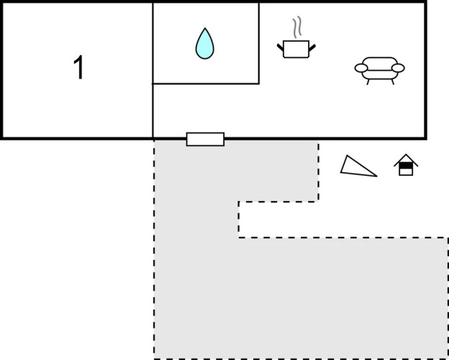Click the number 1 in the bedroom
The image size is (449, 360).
click(78, 68)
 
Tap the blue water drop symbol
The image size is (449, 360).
click(205, 44)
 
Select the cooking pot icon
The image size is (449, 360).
click(296, 49)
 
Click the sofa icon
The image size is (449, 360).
click(380, 71)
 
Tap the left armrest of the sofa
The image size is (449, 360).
click(361, 68)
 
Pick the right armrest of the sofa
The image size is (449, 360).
click(398, 68)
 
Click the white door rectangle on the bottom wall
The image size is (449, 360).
click(205, 139)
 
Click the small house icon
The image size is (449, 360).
click(406, 165)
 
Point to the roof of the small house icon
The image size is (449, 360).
click(406, 160)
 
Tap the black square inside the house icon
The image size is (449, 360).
click(406, 166)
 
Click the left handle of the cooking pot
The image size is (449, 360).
click(280, 48)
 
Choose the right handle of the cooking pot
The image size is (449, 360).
click(312, 48)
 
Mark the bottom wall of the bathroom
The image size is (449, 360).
click(206, 84)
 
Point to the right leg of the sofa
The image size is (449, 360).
click(393, 82)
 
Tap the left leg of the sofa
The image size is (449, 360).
click(368, 82)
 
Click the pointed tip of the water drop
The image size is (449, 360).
click(205, 28)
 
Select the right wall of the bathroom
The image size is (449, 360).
click(259, 43)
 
